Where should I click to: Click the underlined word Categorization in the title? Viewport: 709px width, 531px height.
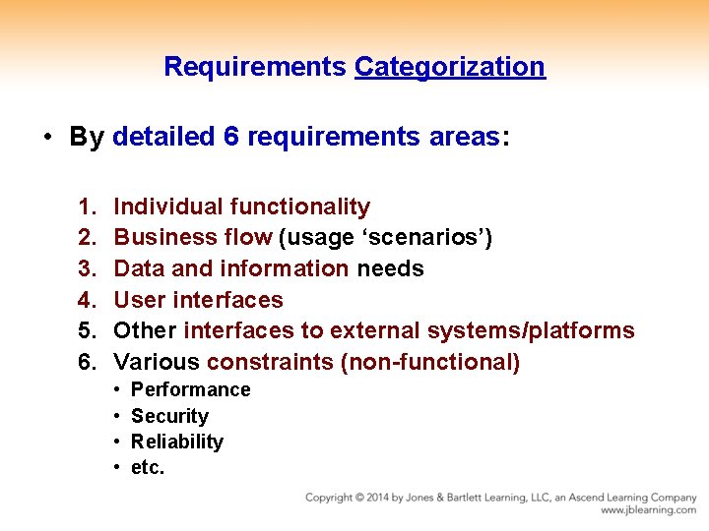[449, 67]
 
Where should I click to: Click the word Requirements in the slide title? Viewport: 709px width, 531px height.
[255, 67]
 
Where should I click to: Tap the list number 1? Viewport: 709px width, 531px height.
[87, 207]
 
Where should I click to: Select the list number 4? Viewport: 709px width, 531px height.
[87, 300]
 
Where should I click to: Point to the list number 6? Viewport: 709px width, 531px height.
[87, 362]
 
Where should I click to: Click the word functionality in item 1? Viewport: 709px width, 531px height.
[299, 207]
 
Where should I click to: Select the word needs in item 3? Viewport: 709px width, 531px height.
[390, 269]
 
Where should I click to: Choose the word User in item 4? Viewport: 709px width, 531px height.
[140, 300]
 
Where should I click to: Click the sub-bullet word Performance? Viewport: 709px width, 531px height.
[190, 390]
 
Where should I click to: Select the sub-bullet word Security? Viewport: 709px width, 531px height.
[169, 417]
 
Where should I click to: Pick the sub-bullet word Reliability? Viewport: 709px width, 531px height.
[177, 442]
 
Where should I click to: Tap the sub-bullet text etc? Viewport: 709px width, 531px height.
[148, 468]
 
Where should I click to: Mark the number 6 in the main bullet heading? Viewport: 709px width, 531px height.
[231, 137]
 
